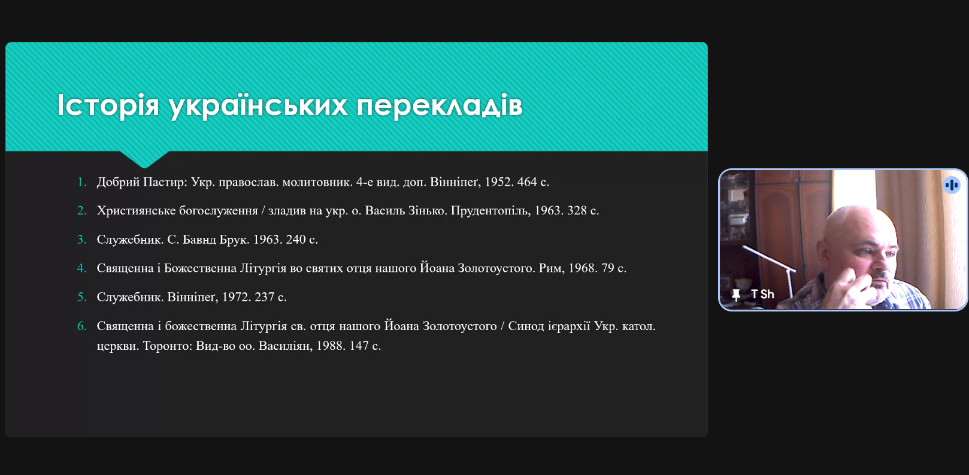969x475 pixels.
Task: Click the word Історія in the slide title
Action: pyautogui.click(x=108, y=105)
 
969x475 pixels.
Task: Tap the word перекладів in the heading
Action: pyautogui.click(x=440, y=106)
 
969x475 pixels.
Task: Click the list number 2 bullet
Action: pyautogui.click(x=82, y=211)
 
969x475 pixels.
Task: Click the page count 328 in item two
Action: pyautogui.click(x=577, y=210)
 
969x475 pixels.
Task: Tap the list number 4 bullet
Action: pyautogui.click(x=82, y=268)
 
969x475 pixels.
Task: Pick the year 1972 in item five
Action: pyautogui.click(x=236, y=297)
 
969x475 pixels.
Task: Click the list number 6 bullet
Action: pyautogui.click(x=82, y=326)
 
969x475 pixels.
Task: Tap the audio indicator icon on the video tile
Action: pyautogui.click(x=952, y=185)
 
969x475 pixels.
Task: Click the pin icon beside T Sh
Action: pyautogui.click(x=736, y=295)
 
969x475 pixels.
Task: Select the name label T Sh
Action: pyautogui.click(x=762, y=294)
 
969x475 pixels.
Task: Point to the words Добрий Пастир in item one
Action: pyautogui.click(x=141, y=182)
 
